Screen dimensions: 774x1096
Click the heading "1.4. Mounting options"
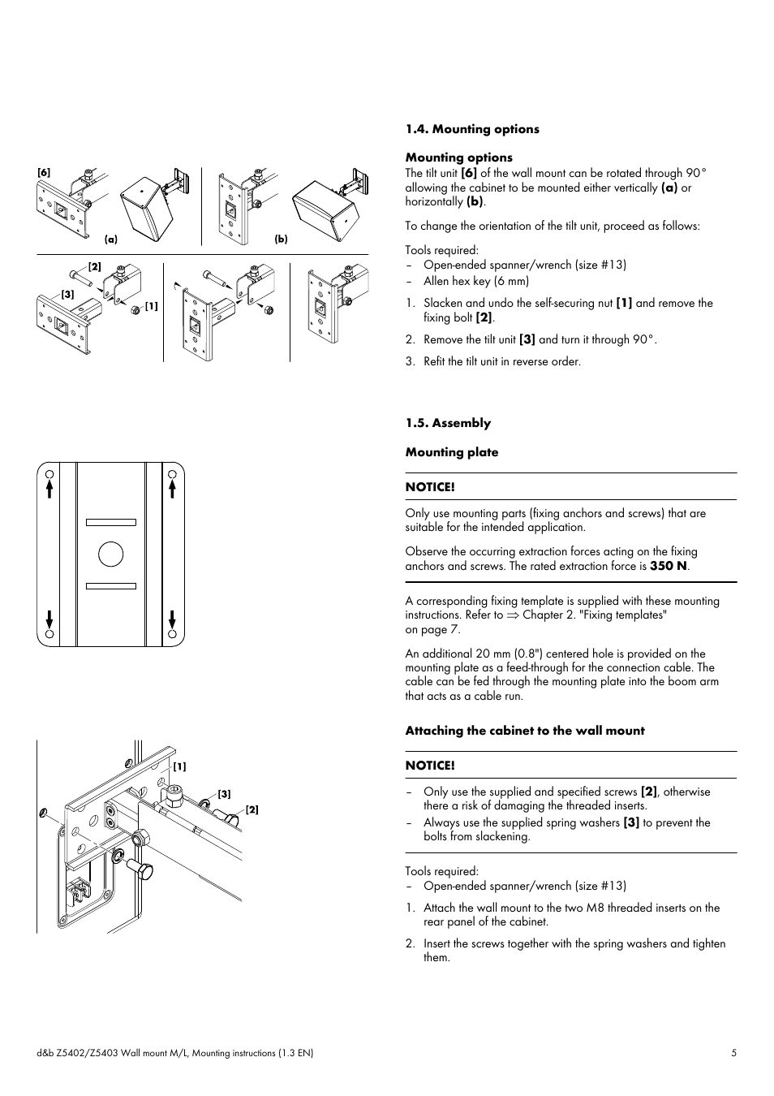coord(472,129)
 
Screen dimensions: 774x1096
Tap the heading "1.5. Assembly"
coord(448,423)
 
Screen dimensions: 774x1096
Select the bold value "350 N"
coord(669,566)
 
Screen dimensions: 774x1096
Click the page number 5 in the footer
coord(733,1053)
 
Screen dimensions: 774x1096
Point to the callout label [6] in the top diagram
coord(44,172)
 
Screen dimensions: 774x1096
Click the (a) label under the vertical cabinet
coord(111,239)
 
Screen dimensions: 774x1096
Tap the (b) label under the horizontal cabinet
coord(281,239)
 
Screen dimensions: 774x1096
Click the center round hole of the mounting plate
coord(110,554)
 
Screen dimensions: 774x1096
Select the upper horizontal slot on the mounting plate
coord(111,522)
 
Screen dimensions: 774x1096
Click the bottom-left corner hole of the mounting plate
coord(49,634)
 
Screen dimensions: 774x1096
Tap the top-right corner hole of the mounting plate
coord(172,475)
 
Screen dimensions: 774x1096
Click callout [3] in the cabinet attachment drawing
coord(224,794)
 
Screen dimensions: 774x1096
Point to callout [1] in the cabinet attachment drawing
coord(179,766)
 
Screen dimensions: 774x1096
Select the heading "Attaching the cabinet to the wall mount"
coord(525,731)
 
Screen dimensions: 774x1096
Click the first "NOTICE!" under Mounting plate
coord(430,487)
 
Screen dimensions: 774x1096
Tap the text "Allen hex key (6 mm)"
coord(476,282)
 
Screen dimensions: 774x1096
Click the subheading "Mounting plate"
coord(452,452)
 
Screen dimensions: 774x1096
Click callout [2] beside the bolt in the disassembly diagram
coord(94,267)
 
